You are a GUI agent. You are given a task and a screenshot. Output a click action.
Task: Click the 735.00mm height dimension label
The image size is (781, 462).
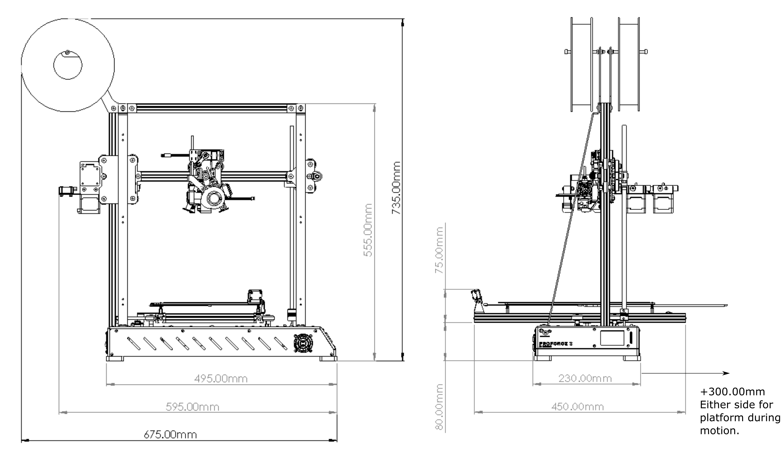[x=396, y=188]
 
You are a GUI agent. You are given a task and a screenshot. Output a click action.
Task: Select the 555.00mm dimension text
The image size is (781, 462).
[x=368, y=230]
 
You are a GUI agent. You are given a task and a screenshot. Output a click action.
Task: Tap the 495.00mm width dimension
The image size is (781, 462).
[x=221, y=378]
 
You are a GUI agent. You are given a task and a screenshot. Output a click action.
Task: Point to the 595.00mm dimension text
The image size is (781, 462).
[x=192, y=406]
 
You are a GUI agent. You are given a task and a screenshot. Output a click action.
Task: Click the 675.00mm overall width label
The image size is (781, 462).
[x=170, y=434]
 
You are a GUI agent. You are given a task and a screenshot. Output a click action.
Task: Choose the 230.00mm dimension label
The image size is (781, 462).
[x=585, y=378]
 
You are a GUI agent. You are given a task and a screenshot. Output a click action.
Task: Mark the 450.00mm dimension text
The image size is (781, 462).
[x=578, y=406]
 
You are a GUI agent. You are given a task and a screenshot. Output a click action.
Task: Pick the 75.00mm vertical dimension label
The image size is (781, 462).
[x=439, y=250]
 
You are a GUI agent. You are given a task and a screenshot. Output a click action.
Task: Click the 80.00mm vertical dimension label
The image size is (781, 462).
[x=439, y=407]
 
